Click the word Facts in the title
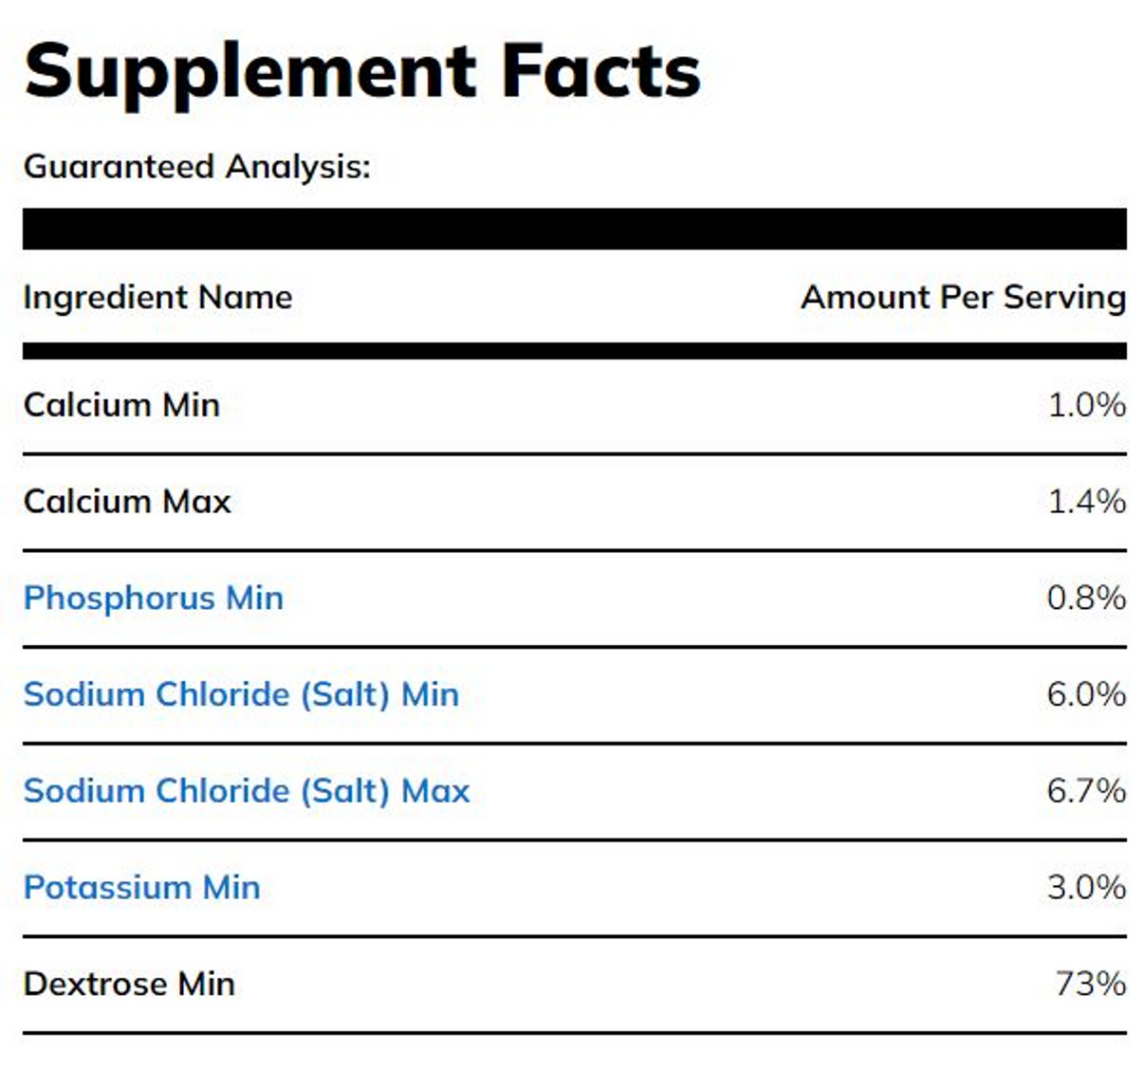(x=600, y=71)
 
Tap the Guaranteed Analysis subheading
(x=196, y=167)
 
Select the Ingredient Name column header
(x=157, y=297)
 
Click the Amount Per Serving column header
(x=963, y=297)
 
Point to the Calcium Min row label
(x=121, y=405)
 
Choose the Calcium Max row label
(x=127, y=501)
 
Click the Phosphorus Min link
(x=153, y=598)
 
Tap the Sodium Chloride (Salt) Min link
(x=241, y=694)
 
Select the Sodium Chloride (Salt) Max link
(x=247, y=791)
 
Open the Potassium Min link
(x=141, y=888)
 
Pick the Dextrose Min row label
(x=129, y=984)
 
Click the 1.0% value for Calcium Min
(x=1086, y=405)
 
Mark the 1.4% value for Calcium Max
(x=1086, y=501)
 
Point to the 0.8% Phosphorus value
(x=1086, y=598)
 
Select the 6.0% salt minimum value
(x=1086, y=694)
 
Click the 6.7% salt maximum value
(x=1086, y=791)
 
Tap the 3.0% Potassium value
(x=1086, y=888)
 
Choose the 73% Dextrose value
(x=1090, y=984)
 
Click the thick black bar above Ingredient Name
(x=574, y=229)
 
